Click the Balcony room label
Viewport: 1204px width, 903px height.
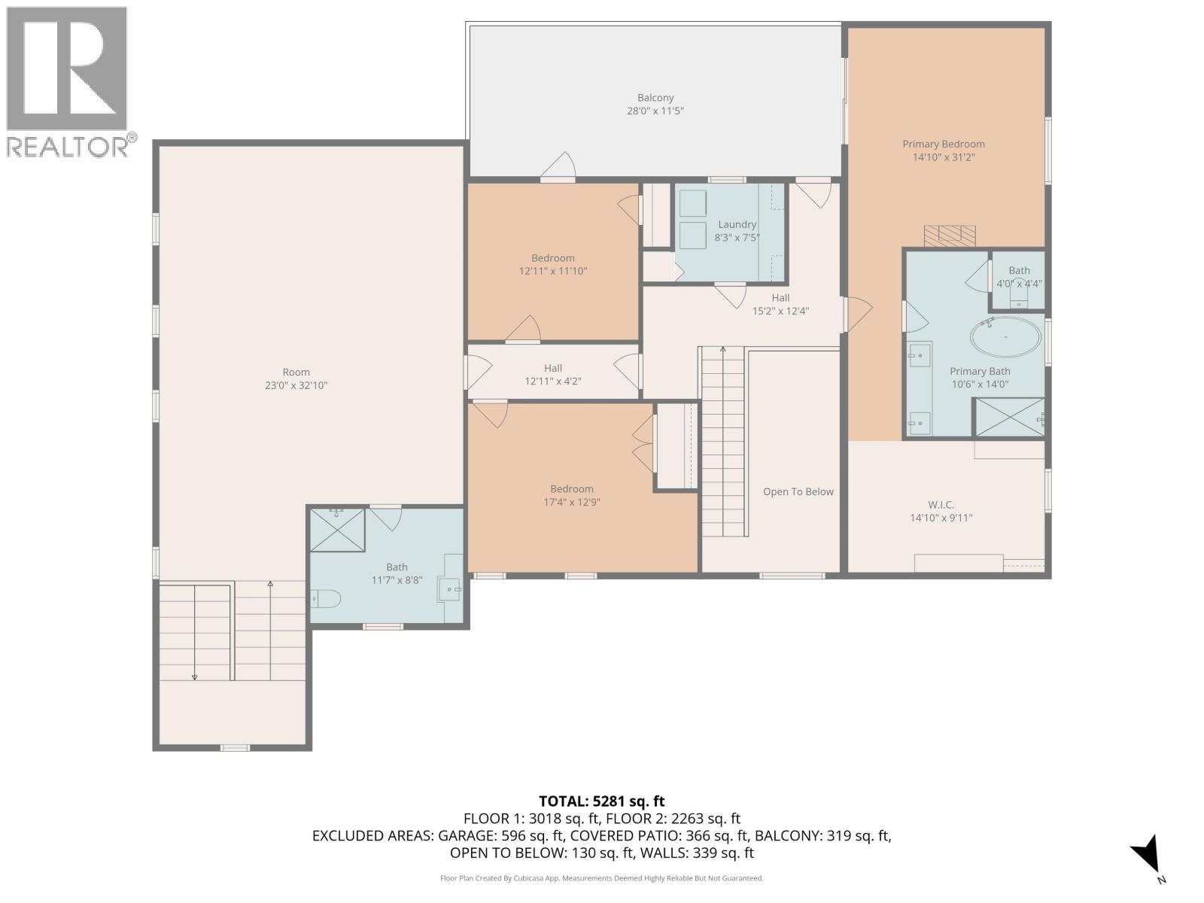(x=655, y=98)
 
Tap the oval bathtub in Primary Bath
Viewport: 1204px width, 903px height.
(x=1006, y=337)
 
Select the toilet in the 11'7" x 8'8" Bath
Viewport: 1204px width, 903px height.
(x=326, y=599)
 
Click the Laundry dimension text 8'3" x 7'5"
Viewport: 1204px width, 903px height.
(x=737, y=238)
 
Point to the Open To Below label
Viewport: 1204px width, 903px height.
(x=798, y=492)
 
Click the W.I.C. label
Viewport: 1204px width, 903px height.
(x=941, y=505)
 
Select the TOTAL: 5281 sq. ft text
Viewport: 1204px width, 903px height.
(x=601, y=801)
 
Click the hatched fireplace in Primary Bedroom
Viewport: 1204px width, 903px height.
(x=950, y=235)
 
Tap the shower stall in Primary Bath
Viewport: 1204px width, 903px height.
(x=1009, y=418)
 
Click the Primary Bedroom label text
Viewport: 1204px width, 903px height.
(x=944, y=144)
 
